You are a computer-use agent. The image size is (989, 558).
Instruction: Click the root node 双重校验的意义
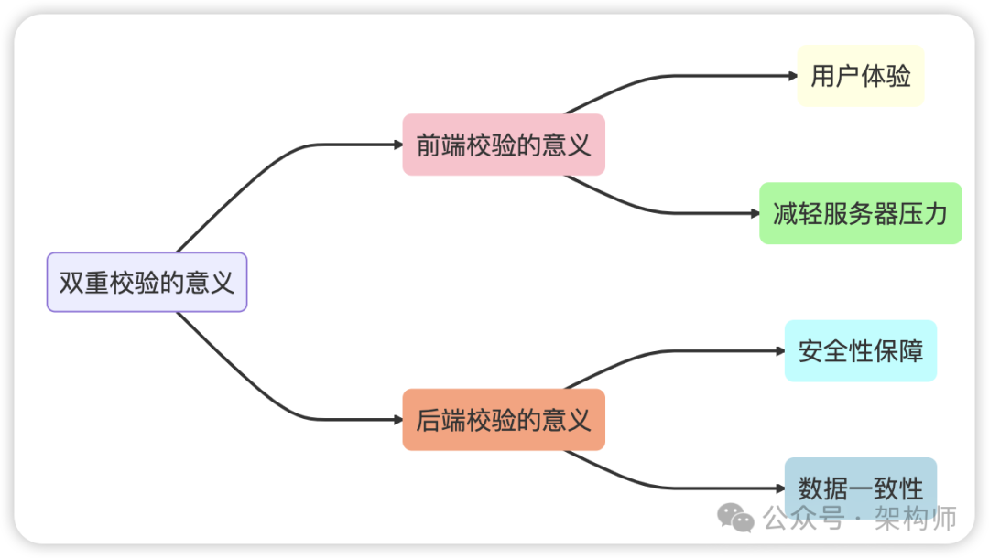coord(147,283)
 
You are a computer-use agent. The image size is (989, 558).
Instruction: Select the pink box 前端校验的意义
coord(504,145)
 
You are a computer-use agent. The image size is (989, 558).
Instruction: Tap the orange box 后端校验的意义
coord(504,420)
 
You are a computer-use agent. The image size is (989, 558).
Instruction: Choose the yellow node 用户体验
coord(861,76)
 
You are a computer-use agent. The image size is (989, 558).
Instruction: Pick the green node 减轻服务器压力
coord(861,213)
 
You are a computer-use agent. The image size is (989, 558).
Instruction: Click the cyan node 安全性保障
coord(861,351)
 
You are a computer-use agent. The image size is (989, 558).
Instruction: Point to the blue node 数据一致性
coord(861,488)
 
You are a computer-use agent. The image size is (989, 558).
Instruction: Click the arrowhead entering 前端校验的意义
coord(397,145)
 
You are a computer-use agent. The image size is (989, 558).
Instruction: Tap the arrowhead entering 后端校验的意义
coord(397,420)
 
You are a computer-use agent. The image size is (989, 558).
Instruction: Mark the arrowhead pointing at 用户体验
coord(793,76)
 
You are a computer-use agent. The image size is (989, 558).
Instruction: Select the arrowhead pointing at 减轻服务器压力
coord(755,213)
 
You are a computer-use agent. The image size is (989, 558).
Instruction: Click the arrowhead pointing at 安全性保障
coord(780,351)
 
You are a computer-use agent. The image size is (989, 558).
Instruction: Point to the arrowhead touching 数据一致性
coord(780,488)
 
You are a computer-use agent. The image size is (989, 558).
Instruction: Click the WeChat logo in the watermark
coord(735,518)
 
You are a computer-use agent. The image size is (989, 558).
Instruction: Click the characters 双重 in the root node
coord(84,283)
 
